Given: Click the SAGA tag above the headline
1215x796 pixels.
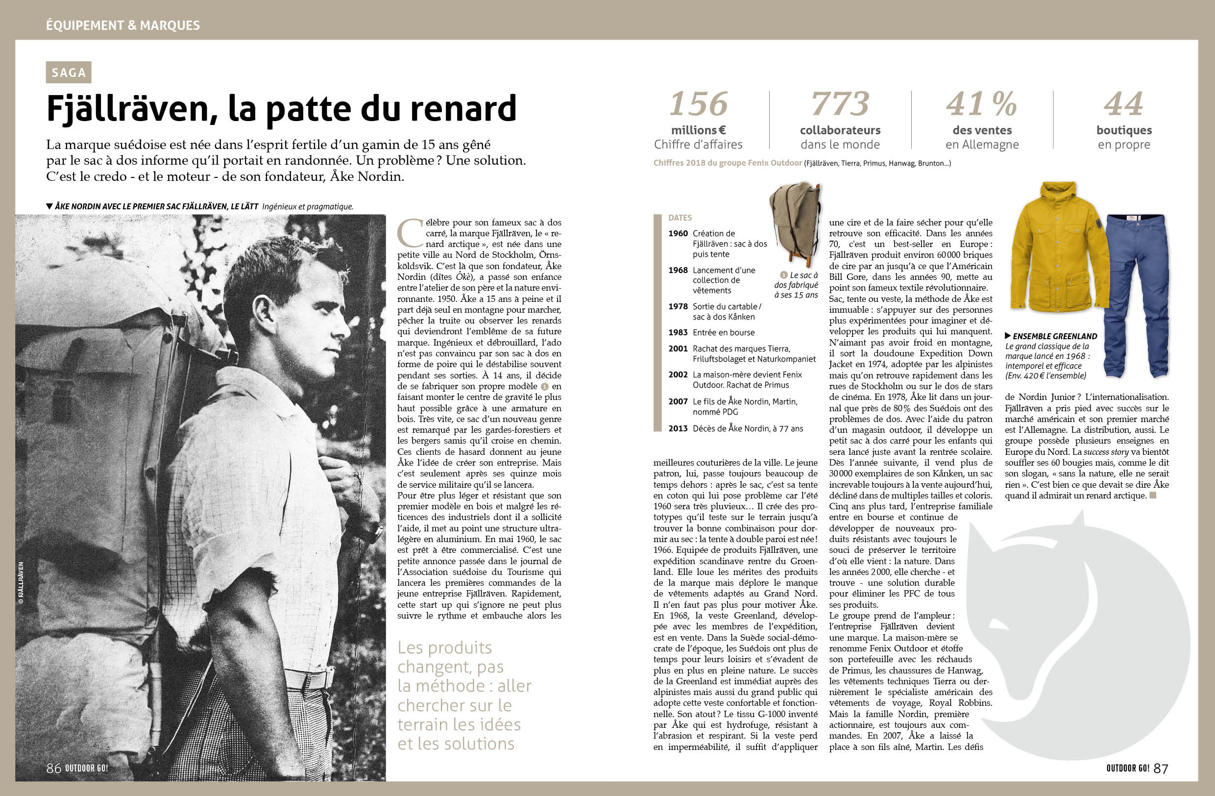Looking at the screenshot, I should point(69,73).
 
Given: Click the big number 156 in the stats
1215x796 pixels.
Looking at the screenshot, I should point(698,104).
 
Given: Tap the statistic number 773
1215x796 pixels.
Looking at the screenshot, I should point(840,104).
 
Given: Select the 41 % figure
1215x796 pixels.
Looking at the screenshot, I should point(981,104).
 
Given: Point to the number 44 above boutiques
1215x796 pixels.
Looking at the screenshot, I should point(1123,104).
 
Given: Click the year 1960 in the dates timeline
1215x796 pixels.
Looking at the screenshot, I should point(678,233).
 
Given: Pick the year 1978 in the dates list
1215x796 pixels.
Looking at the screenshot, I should point(678,306).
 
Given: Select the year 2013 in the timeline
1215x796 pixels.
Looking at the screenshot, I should point(678,428).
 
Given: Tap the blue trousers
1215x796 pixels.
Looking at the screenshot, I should point(1136,296).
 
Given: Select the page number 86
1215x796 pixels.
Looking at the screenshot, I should point(53,768).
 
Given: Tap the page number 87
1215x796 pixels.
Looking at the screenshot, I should point(1161,768).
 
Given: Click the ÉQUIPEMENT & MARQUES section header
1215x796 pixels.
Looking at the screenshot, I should point(123,25).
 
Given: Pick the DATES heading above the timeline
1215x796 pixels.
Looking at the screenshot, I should point(680,218).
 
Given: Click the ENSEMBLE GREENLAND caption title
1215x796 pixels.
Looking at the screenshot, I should point(1055,336).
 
